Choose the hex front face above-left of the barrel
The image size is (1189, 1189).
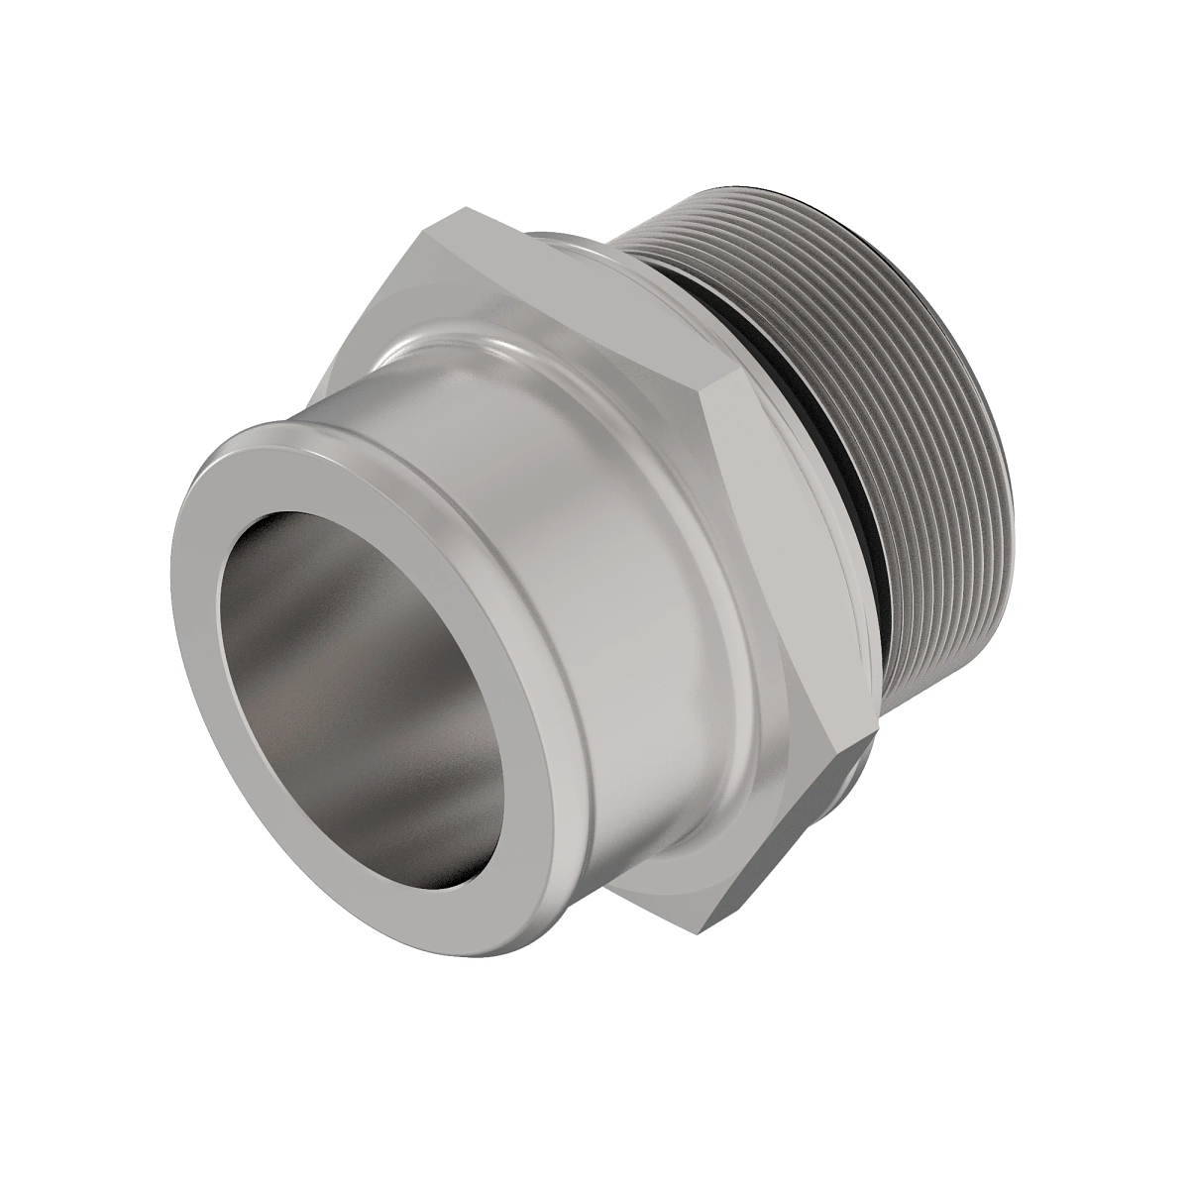(x=396, y=297)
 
